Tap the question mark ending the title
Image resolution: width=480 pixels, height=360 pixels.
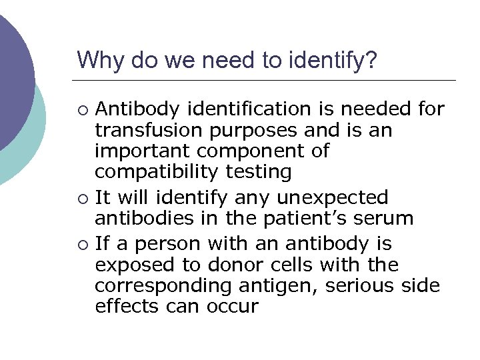(371, 61)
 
